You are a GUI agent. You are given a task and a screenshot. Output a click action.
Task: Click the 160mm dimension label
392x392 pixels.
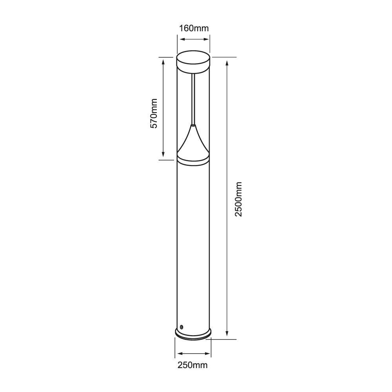click(x=194, y=28)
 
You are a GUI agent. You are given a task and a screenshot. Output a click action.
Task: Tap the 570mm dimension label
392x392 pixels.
click(x=154, y=114)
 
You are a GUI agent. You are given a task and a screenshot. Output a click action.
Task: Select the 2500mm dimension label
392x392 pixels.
click(x=238, y=199)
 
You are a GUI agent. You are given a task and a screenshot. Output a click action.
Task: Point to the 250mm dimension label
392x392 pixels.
click(x=192, y=365)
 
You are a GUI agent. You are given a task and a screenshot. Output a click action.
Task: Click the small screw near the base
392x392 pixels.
click(x=181, y=327)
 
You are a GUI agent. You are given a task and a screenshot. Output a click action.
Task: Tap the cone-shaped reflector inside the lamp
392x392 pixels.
click(x=193, y=141)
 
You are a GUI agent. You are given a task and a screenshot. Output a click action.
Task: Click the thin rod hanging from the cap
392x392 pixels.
click(x=193, y=98)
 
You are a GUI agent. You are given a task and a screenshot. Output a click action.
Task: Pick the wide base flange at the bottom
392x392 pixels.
click(x=193, y=334)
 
